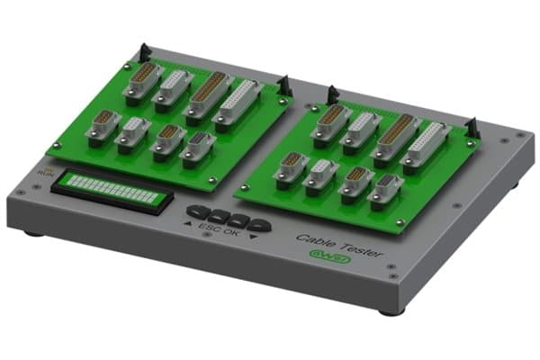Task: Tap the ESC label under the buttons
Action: (209, 229)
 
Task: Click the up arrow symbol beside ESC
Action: (190, 226)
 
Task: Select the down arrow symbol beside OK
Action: (253, 238)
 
